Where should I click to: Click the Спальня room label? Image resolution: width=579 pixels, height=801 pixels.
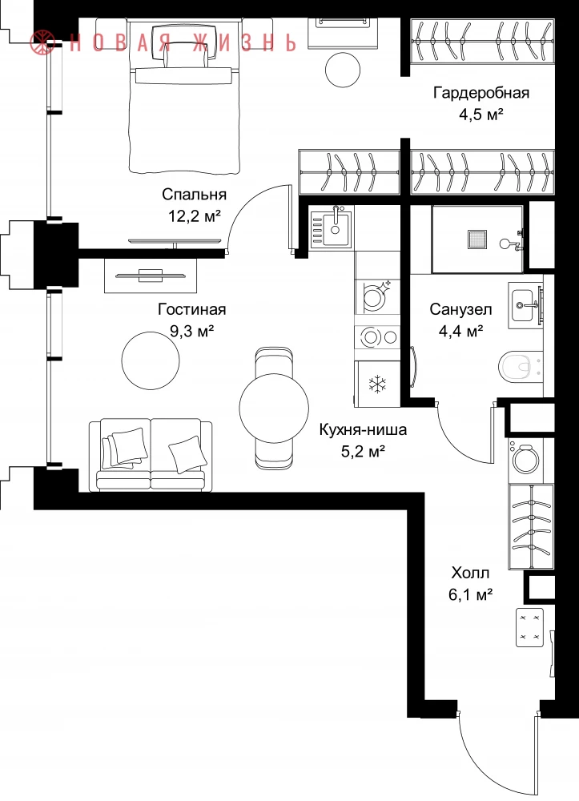pos(194,195)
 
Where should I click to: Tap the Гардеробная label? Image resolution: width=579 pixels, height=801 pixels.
pos(481,93)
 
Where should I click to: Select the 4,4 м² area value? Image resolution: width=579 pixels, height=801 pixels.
pos(461,332)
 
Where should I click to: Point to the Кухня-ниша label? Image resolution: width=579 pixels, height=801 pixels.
pos(363,429)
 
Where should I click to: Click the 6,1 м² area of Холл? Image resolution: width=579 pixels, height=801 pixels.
pos(470,594)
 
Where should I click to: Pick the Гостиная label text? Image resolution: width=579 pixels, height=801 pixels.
pos(192,309)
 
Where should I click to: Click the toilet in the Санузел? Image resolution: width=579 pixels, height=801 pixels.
pos(521,366)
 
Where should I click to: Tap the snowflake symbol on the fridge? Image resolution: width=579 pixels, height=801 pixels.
pos(377,384)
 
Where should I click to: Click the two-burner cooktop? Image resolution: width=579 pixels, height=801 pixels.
pos(377,337)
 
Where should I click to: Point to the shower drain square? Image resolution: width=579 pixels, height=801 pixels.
pos(476,239)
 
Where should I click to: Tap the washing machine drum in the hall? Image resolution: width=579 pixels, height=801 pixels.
pos(525,459)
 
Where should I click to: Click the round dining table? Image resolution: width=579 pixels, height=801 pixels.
pos(274,407)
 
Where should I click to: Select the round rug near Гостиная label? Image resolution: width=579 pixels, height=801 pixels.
pos(151,360)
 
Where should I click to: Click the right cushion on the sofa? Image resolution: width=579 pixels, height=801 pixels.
pos(185,453)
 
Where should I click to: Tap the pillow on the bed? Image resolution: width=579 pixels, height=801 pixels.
pos(187,54)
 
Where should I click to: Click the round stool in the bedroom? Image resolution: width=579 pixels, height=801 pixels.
pos(343,70)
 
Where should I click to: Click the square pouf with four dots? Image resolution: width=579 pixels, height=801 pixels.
pos(529,628)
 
